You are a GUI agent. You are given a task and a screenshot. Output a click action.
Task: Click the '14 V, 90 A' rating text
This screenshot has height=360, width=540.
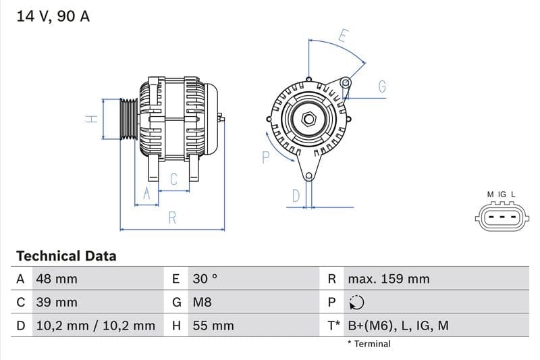(x=53, y=16)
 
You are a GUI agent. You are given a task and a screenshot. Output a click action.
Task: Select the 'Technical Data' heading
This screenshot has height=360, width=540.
(x=66, y=256)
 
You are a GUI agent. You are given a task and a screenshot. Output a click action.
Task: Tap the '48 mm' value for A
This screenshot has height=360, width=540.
(x=57, y=279)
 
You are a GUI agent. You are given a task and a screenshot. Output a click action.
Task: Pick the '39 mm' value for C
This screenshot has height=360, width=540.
(x=57, y=303)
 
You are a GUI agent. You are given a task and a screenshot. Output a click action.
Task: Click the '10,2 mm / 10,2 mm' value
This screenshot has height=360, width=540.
(x=95, y=326)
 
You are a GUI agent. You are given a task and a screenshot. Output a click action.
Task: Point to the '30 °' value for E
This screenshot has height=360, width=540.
(x=205, y=279)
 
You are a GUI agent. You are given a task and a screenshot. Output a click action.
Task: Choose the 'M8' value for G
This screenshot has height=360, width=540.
(x=202, y=303)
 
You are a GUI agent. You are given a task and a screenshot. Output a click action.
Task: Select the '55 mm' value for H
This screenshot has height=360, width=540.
(x=213, y=326)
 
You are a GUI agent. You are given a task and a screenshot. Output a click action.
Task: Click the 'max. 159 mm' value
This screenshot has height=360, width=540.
(x=388, y=279)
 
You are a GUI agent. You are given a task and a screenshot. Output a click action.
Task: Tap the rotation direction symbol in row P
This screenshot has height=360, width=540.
(x=356, y=303)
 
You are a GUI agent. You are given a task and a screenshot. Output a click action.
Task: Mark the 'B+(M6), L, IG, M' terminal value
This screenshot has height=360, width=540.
(x=398, y=326)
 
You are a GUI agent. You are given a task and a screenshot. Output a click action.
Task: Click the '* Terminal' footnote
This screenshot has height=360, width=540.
(x=369, y=344)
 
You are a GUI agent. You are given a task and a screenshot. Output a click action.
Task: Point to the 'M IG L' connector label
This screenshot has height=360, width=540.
(x=502, y=195)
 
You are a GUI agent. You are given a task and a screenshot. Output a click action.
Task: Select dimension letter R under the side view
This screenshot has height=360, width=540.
(x=173, y=217)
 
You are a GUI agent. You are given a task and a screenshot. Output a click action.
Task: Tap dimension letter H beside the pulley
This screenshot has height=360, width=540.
(x=92, y=119)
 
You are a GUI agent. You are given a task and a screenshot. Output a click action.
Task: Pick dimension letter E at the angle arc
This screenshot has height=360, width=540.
(x=342, y=35)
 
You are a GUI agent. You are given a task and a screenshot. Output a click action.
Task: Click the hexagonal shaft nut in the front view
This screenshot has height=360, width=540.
(x=308, y=120)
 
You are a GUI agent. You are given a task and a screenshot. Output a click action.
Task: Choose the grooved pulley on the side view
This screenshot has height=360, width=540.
(x=128, y=120)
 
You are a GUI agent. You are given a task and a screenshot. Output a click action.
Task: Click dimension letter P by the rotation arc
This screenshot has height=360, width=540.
(x=265, y=157)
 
